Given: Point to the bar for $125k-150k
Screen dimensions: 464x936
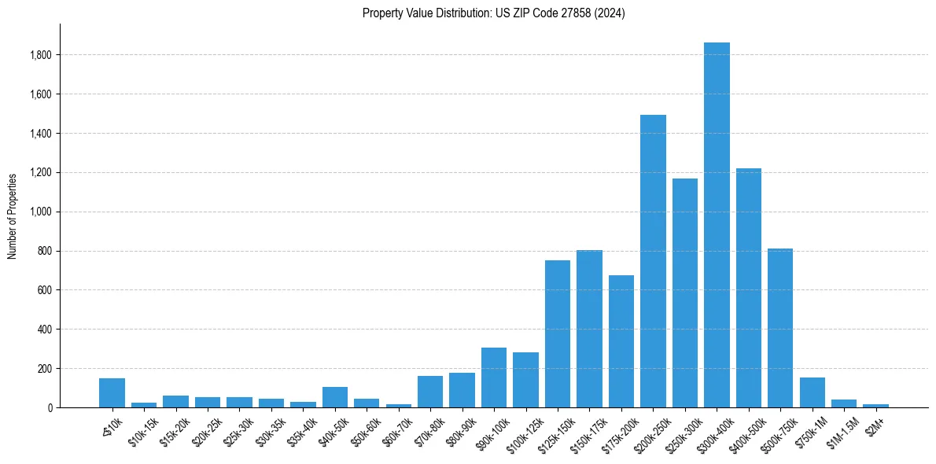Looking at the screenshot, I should coord(557,333).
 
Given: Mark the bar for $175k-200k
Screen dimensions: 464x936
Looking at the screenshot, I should coord(621,341).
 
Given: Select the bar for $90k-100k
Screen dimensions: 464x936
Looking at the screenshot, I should coord(493,377).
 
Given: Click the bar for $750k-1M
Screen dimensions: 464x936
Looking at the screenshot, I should coord(812,392).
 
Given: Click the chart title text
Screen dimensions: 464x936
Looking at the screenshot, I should coord(493,13).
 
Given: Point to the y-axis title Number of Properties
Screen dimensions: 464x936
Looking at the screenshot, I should coord(13,215).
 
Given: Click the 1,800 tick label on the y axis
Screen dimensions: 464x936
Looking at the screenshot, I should coord(41,55).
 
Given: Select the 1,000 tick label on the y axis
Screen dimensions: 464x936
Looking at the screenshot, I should coord(41,212).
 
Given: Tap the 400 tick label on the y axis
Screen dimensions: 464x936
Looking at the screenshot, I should coord(44,330).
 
